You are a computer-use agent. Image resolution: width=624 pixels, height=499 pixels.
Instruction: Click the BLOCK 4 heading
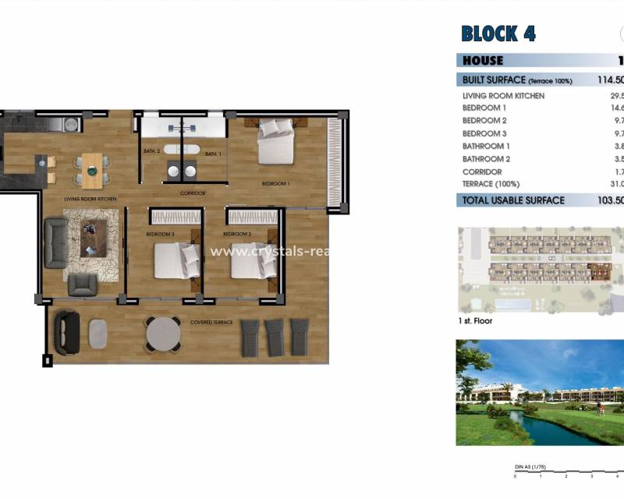coord(498,34)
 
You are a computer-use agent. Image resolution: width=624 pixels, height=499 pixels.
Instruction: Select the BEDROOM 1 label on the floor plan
coord(275,184)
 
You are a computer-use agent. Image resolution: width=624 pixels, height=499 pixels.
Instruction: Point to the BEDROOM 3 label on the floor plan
coord(160,234)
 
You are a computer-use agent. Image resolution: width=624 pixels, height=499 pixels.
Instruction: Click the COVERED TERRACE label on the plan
coord(211,322)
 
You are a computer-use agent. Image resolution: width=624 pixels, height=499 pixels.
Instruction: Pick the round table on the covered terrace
coord(164,334)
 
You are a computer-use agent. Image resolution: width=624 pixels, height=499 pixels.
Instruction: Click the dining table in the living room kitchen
coord(92,169)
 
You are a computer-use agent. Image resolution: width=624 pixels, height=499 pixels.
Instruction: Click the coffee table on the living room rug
coord(93,238)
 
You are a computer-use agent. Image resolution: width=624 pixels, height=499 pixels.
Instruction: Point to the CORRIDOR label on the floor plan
coord(193,193)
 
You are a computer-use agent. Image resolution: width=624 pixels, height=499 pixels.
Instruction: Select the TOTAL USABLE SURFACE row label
coord(513,200)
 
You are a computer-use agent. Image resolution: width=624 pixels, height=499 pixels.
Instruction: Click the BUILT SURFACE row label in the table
coord(517,80)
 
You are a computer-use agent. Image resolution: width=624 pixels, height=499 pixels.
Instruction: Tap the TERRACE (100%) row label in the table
coord(490,184)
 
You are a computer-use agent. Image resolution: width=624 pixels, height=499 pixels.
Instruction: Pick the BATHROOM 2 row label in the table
coord(486,159)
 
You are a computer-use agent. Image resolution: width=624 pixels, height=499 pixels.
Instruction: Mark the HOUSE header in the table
coord(483,61)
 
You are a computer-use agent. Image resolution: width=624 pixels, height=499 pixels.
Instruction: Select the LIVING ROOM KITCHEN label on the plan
coord(90,200)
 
